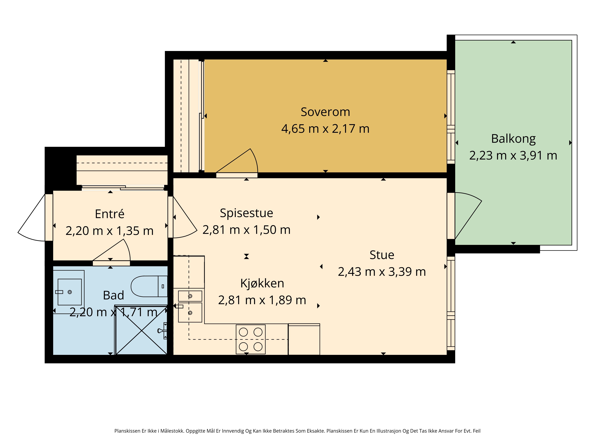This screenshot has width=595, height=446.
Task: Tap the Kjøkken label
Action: tap(262, 283)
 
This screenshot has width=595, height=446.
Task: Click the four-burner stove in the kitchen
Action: tap(250, 339)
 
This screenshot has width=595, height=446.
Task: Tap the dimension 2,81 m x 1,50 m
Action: tap(246, 230)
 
